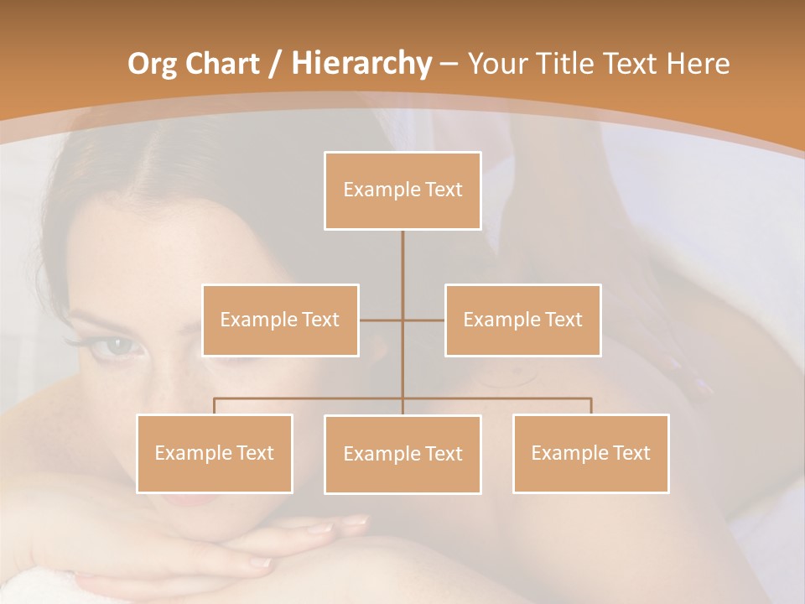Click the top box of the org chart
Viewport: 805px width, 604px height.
tap(402, 190)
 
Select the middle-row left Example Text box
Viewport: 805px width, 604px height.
tap(280, 320)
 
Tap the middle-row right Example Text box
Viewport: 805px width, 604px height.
tap(522, 320)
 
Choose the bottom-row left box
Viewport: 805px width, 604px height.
tap(215, 453)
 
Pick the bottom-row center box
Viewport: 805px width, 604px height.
tap(402, 454)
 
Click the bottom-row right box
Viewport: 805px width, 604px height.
tap(590, 453)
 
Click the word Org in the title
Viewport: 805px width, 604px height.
tap(153, 63)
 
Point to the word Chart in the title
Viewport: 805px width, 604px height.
tap(223, 63)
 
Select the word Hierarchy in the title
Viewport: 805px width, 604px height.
tap(361, 63)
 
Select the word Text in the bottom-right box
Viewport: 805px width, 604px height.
tap(631, 453)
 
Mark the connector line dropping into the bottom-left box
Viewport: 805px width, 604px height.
tap(215, 406)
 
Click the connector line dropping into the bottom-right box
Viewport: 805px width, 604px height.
tap(590, 406)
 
